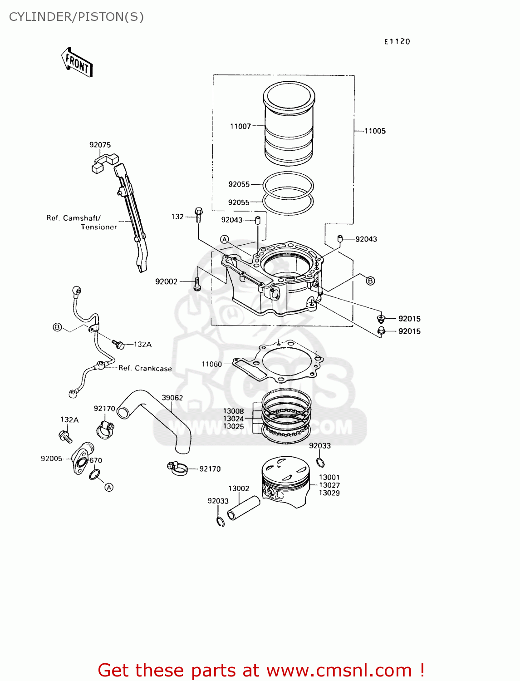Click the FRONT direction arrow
coord(77,62)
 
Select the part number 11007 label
coord(240,126)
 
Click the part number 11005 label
coord(375,131)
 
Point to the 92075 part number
coord(100,145)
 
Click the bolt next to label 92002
coord(197,283)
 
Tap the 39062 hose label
coord(172,398)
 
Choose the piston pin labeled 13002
coord(244,508)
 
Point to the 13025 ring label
coord(233,427)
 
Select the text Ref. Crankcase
coord(145,368)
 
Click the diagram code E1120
coord(397,42)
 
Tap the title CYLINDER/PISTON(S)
coord(76,17)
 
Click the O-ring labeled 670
coord(94,475)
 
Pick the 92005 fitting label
coord(51,459)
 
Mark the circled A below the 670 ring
coord(109,487)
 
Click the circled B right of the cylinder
coord(370,281)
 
